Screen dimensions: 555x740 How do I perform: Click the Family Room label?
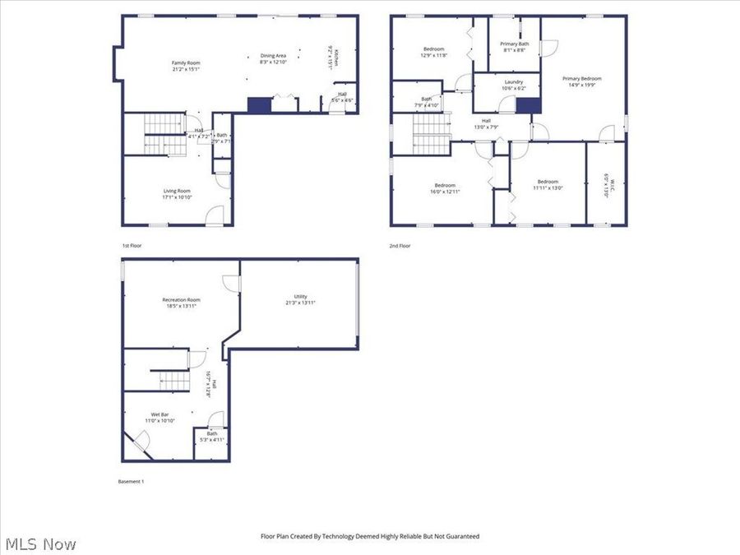(185, 63)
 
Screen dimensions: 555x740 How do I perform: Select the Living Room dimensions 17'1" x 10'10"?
(177, 197)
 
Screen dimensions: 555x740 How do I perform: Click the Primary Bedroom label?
(581, 79)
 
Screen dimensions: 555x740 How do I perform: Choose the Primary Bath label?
(515, 44)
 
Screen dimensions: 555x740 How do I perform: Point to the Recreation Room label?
(181, 300)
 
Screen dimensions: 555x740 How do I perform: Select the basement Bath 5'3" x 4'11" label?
(211, 437)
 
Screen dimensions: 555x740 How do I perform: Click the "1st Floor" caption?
(132, 245)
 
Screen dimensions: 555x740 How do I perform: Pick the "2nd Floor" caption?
(400, 245)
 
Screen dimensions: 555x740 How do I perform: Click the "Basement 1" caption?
(132, 481)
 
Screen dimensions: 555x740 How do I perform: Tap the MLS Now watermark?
(40, 544)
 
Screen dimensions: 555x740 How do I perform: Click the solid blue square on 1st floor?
(259, 104)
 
